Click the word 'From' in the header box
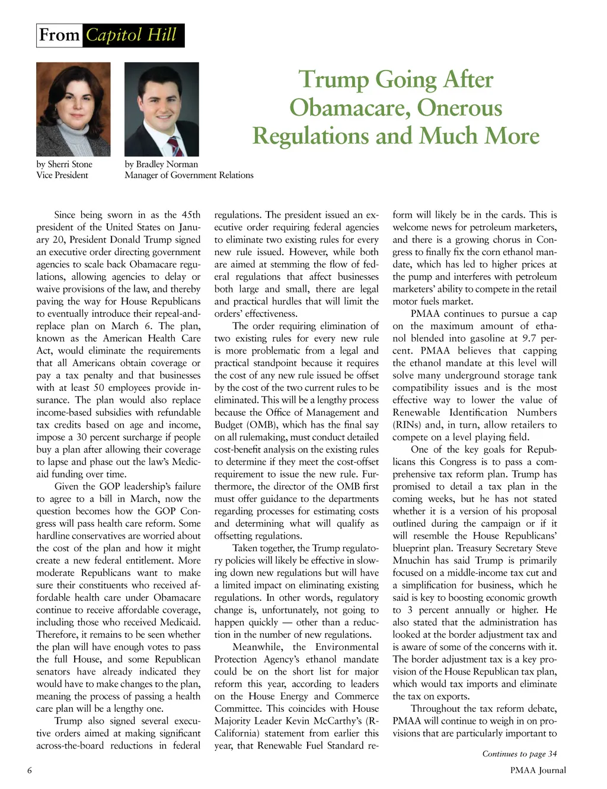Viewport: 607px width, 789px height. pyautogui.click(x=59, y=35)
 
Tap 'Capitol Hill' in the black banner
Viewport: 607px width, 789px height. pyautogui.click(x=132, y=35)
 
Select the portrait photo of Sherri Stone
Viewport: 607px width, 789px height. pyautogui.click(x=73, y=109)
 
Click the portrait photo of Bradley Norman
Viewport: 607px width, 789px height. pyautogui.click(x=161, y=109)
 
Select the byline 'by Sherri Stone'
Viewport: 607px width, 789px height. pyautogui.click(x=64, y=164)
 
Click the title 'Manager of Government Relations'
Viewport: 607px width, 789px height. pyautogui.click(x=189, y=175)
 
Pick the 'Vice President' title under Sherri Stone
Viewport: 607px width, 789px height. pyautogui.click(x=62, y=175)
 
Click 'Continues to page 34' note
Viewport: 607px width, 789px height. pyautogui.click(x=519, y=754)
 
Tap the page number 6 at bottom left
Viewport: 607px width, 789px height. pyautogui.click(x=29, y=770)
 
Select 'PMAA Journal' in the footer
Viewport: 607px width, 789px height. pyautogui.click(x=538, y=770)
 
